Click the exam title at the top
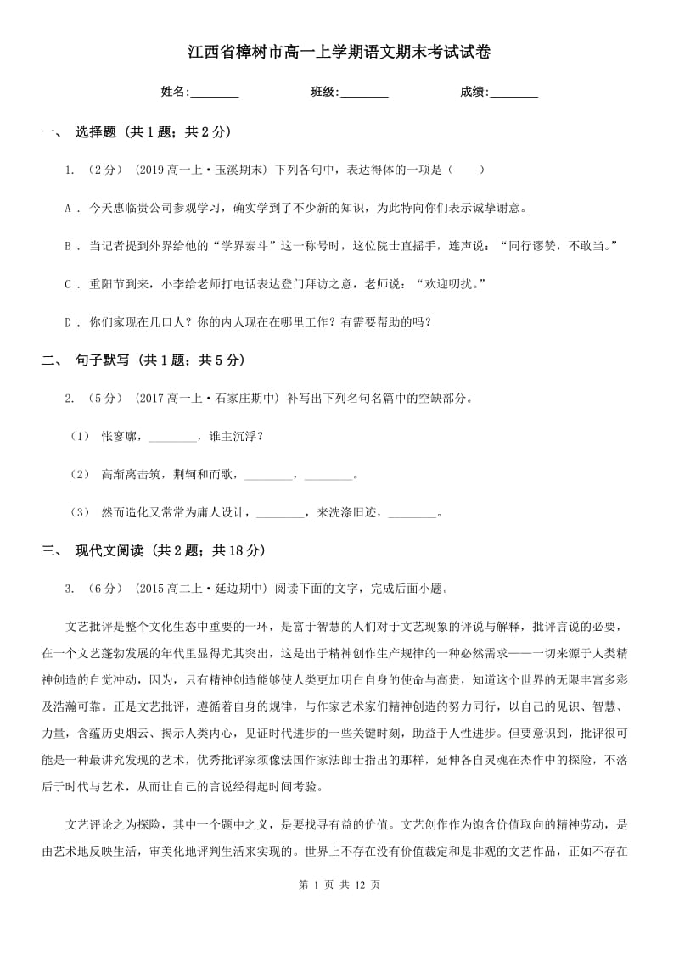point(339,52)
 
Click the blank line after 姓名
point(215,92)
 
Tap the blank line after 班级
point(364,92)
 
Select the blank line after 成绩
point(514,92)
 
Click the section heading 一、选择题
point(137,131)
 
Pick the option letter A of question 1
point(68,208)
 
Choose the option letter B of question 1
point(68,246)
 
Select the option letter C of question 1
point(68,284)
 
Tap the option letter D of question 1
point(68,322)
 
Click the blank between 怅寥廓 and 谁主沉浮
point(171,438)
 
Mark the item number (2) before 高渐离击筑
point(80,475)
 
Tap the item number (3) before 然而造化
point(80,512)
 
